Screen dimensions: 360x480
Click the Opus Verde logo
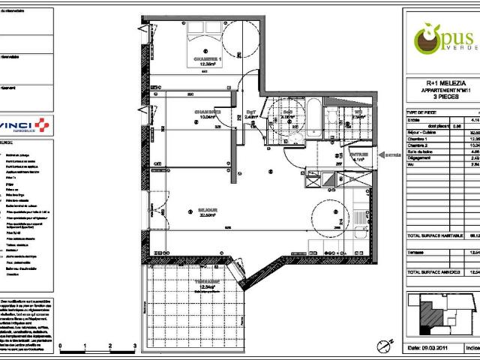pos(439,37)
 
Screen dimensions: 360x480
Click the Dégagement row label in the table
pos(421,157)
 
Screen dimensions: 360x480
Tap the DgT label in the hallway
pos(252,112)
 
